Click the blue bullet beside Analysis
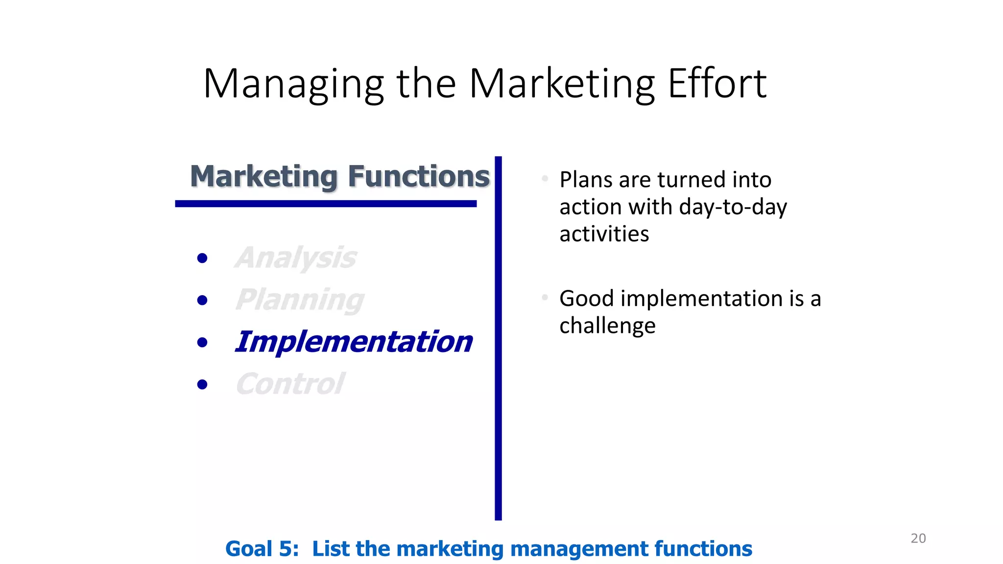202,258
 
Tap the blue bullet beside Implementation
202,342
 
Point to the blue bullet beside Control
202,384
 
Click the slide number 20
918,538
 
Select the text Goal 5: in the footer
262,549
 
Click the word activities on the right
604,234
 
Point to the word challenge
607,326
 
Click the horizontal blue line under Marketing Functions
326,204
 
